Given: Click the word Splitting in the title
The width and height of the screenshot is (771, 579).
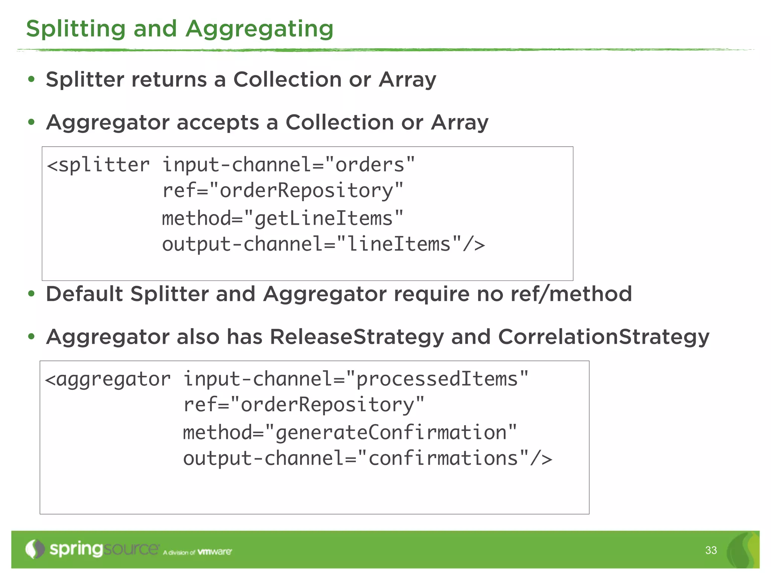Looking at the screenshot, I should (x=75, y=29).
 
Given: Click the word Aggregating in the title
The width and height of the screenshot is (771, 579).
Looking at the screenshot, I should (x=259, y=29).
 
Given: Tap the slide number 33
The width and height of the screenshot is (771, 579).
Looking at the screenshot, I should (x=711, y=550).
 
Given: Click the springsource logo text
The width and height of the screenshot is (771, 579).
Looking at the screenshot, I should (x=104, y=549).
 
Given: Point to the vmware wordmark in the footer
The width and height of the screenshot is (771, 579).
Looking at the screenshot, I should (x=215, y=552).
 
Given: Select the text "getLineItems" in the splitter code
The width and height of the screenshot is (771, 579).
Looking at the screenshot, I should (x=324, y=219).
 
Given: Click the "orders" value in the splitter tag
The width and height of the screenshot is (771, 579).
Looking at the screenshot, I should (x=370, y=165).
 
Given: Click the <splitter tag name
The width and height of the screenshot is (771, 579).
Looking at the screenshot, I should (x=99, y=165).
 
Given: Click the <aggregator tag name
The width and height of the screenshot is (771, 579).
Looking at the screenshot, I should (x=108, y=379).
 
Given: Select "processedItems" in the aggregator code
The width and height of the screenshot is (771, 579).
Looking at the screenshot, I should (x=437, y=379).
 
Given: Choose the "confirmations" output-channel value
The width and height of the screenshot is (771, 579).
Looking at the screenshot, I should (x=443, y=458).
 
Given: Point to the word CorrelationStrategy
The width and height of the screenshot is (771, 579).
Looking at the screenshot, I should (x=603, y=337).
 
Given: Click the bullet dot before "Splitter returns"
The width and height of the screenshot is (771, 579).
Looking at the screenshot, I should (x=31, y=80).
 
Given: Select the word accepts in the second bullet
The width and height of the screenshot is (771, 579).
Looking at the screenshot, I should (x=218, y=123).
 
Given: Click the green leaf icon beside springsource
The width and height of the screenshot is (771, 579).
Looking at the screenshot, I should (x=35, y=549).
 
